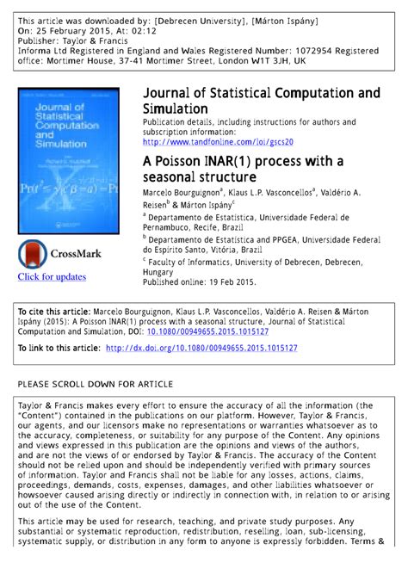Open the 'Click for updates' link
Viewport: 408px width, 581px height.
click(53, 276)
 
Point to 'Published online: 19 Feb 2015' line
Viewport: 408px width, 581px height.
click(200, 281)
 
